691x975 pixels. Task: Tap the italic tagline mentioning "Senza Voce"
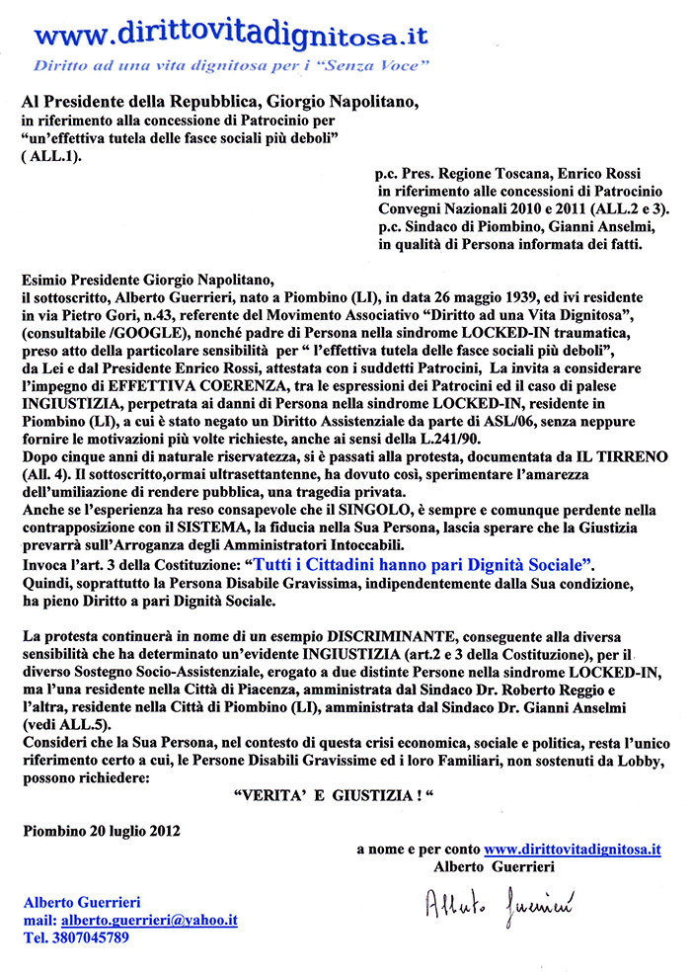(x=229, y=68)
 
